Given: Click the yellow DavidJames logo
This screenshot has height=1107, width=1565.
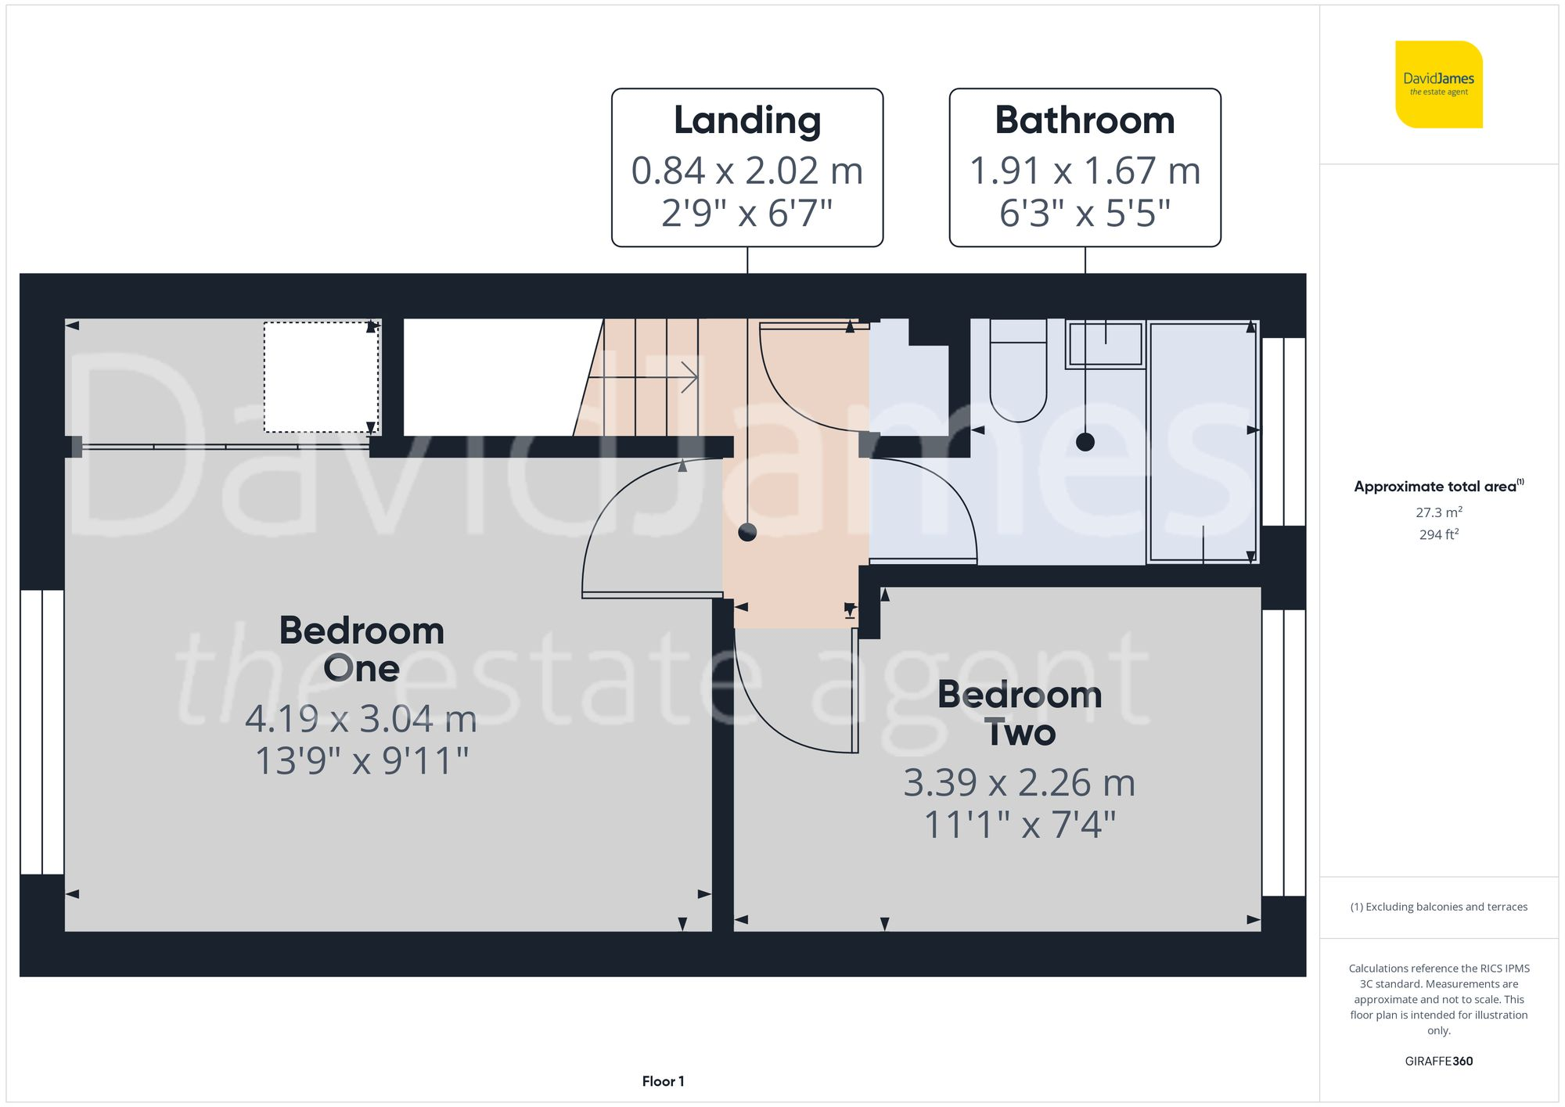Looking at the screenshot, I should (1438, 84).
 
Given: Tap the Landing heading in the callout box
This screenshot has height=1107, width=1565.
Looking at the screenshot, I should (747, 120).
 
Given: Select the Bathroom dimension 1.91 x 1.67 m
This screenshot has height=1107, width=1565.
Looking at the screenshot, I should (1085, 171).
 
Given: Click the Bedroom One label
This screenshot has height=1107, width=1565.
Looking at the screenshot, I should (362, 649).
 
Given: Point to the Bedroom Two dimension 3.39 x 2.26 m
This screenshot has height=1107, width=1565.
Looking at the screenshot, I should (1019, 782).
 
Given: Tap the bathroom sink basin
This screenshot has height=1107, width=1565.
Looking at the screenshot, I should (1105, 344).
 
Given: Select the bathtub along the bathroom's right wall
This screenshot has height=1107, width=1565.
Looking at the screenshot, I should (1202, 442).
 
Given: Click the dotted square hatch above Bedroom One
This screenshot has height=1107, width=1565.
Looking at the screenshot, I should (321, 377).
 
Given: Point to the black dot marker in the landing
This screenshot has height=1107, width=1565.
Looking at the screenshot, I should (747, 533).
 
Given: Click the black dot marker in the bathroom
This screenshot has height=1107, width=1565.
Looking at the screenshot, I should (1085, 442).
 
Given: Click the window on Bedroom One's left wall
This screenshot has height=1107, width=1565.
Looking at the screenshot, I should (42, 731).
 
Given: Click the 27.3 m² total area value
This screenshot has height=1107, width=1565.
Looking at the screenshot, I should (1438, 512).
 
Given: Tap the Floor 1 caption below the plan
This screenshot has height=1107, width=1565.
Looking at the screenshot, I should (663, 1081).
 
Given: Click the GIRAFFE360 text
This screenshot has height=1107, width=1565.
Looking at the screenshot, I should (1438, 1061).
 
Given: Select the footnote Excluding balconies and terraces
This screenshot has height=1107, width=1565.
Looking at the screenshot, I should (1438, 907).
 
